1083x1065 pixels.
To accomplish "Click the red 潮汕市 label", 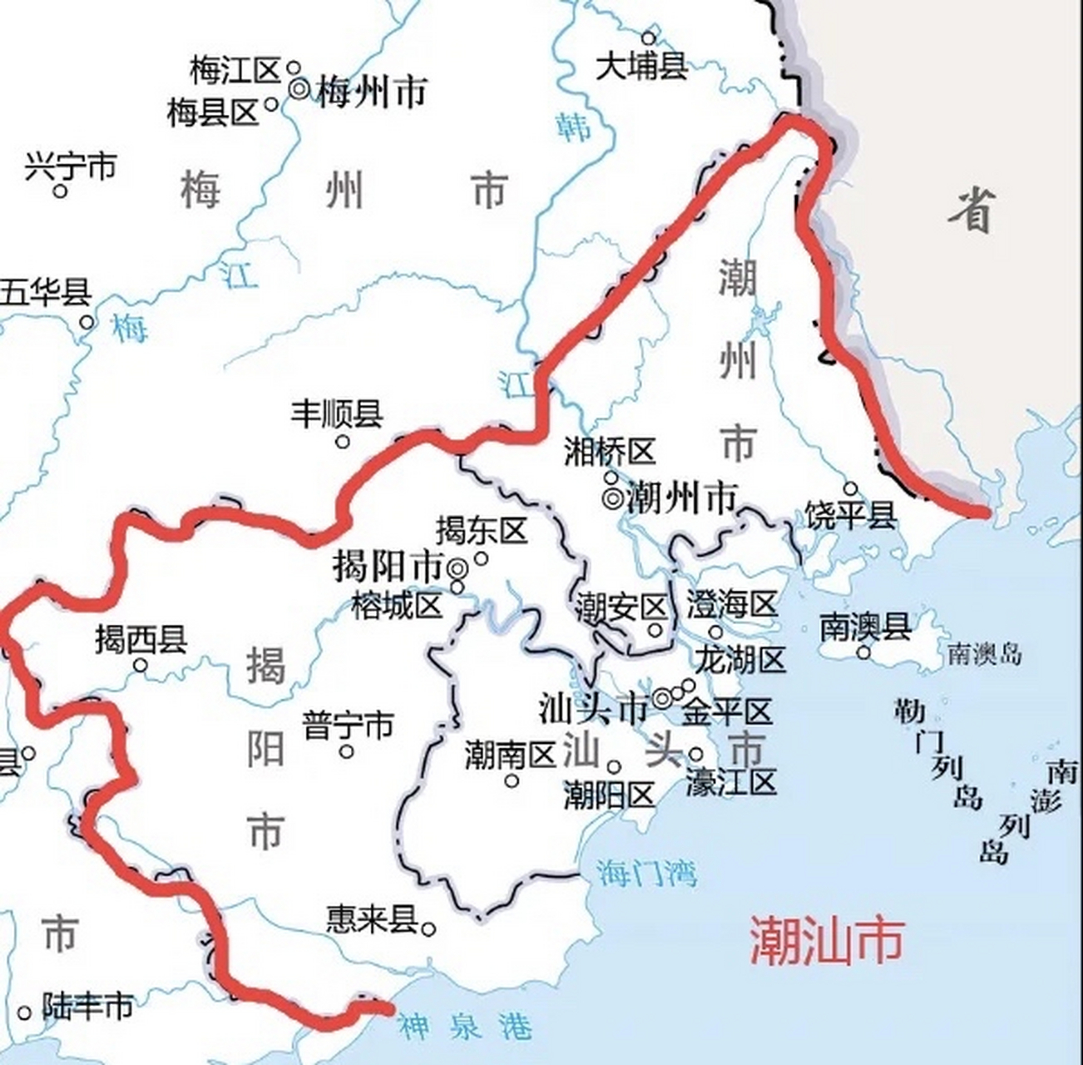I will click(x=826, y=941).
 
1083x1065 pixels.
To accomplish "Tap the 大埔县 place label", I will click(x=641, y=66).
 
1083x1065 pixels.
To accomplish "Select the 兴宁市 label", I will click(x=70, y=166).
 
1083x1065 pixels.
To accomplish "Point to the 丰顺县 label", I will click(x=336, y=414).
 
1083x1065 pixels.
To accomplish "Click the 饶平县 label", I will click(x=851, y=516).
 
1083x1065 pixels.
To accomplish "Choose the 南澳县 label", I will click(x=865, y=627).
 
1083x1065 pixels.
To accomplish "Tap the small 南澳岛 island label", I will click(x=984, y=654).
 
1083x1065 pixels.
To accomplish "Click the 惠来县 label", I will click(x=371, y=919).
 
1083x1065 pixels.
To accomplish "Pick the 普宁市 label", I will click(x=347, y=726).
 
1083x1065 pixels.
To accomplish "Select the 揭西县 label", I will click(x=141, y=640).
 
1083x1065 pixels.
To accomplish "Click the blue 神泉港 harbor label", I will click(x=464, y=1027).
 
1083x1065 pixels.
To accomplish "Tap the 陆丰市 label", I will click(x=87, y=1007).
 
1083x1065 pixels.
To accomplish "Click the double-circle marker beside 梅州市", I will click(x=299, y=88).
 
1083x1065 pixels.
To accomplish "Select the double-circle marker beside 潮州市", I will click(x=612, y=498).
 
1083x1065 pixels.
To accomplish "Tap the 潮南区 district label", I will click(x=510, y=756).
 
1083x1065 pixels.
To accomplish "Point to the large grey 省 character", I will click(x=971, y=210).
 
